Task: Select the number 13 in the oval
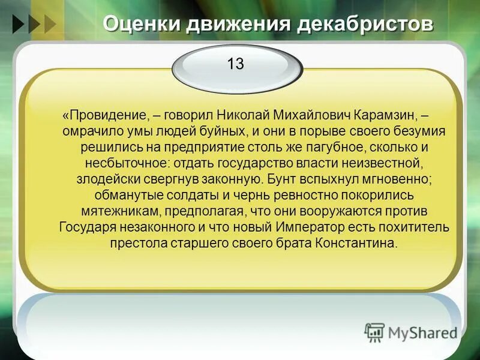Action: [235, 64]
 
